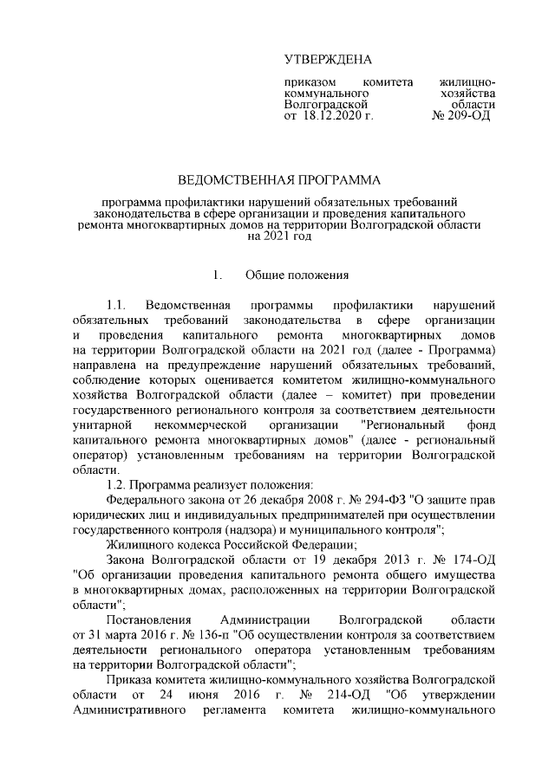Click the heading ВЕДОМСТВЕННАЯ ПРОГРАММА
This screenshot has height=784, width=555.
[x=278, y=180]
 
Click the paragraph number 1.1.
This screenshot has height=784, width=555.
[x=116, y=306]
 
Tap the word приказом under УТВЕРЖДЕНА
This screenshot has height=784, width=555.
[x=309, y=81]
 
